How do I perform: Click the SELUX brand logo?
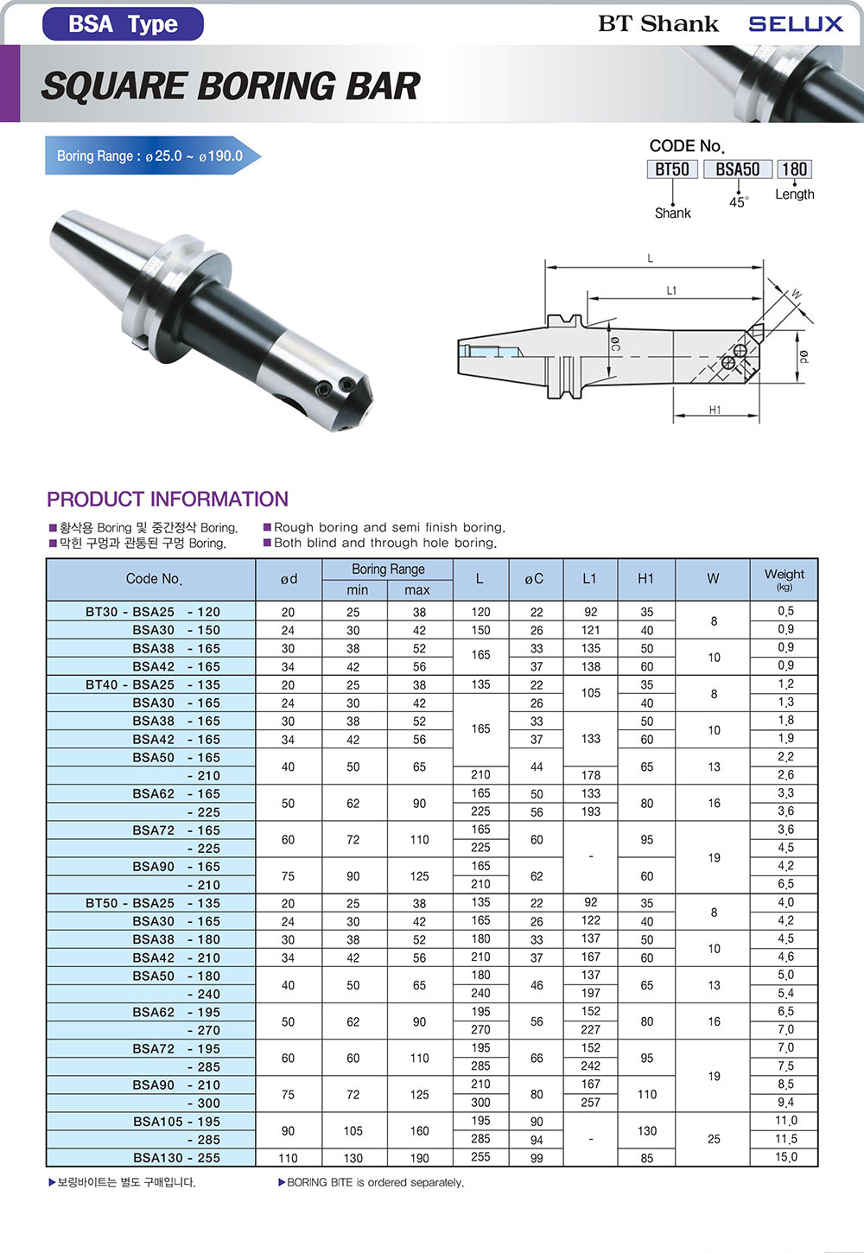click(795, 23)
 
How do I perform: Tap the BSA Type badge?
click(123, 24)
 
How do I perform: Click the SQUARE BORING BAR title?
click(231, 86)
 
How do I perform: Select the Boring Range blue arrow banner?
click(153, 156)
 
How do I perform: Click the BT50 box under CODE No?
click(672, 169)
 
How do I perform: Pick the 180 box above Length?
click(794, 169)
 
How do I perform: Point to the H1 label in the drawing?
click(715, 410)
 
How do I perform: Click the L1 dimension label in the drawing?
click(671, 290)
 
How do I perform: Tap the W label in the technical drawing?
click(796, 295)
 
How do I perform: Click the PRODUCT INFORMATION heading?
click(168, 499)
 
